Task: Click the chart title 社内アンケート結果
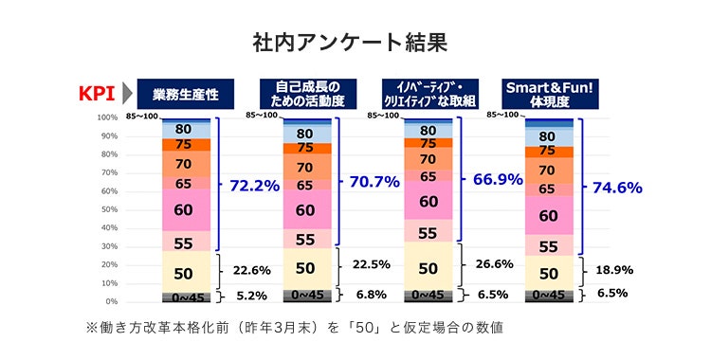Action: (x=355, y=43)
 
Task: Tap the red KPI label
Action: (x=96, y=94)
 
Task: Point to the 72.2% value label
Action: (x=254, y=186)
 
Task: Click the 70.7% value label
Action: (x=374, y=182)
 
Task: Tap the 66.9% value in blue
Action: (x=496, y=179)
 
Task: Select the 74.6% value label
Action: (x=617, y=188)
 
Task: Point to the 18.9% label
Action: (x=615, y=270)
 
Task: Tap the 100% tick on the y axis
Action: (x=105, y=117)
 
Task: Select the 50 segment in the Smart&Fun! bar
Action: (x=547, y=274)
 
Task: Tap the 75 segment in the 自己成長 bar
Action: (x=305, y=148)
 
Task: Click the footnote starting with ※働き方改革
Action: (x=293, y=328)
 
